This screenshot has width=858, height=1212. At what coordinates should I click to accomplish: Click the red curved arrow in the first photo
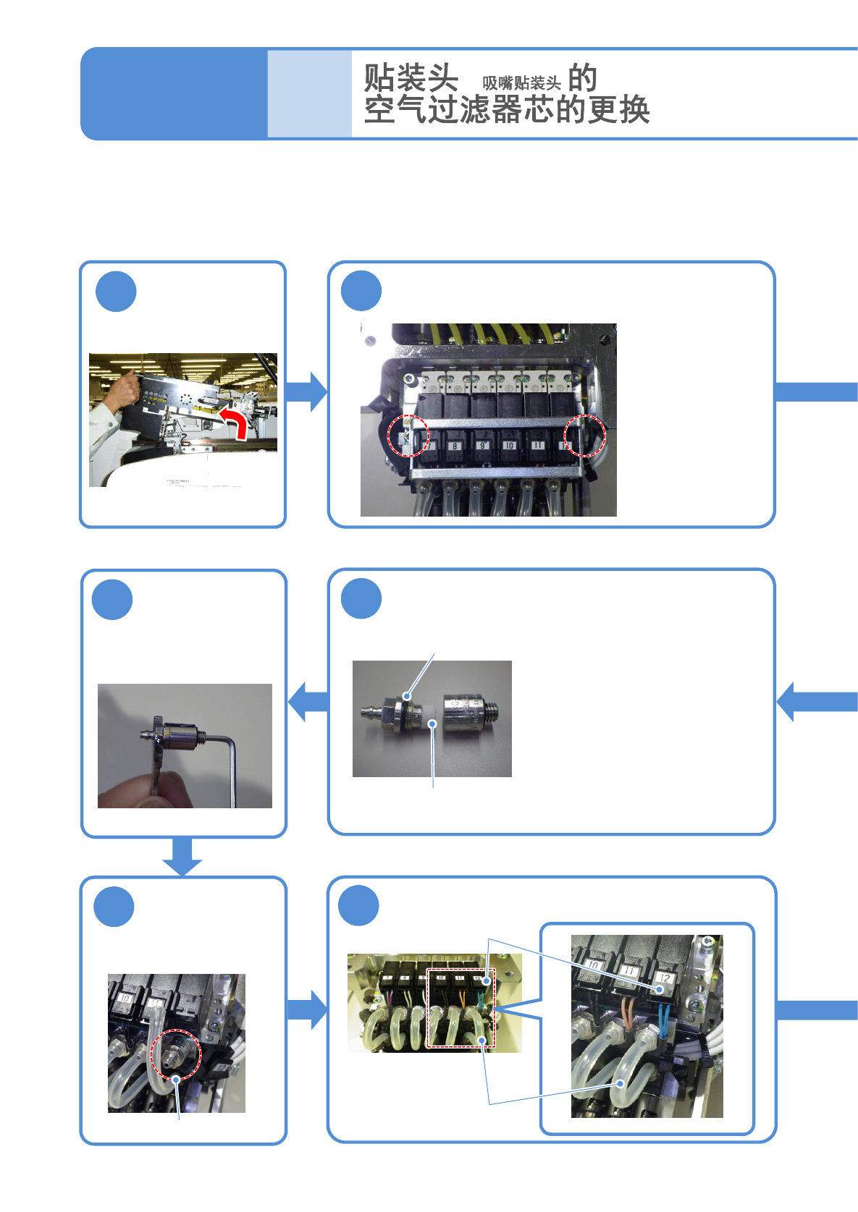tap(236, 421)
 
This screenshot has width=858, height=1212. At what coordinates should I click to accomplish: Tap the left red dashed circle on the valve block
tap(408, 436)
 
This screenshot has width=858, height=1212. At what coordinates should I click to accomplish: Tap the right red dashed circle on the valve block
tap(584, 436)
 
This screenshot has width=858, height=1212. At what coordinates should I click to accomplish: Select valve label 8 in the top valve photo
tap(455, 446)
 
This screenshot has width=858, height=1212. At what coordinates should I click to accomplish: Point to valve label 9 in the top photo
tap(481, 446)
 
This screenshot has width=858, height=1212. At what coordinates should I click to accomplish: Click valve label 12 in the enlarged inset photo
tap(664, 978)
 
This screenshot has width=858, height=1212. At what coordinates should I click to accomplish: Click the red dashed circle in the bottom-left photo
tap(175, 1054)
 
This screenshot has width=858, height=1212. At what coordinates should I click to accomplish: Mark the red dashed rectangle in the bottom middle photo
tap(460, 1008)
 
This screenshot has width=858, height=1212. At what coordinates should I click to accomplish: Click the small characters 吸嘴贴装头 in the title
tap(521, 83)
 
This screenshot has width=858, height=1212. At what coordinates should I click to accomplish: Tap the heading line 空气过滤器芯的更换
tap(507, 110)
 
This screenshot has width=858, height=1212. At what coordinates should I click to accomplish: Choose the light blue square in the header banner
tap(309, 93)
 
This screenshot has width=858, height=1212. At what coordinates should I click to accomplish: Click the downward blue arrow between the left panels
tap(182, 856)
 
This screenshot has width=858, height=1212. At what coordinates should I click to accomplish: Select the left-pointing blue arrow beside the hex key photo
tap(308, 701)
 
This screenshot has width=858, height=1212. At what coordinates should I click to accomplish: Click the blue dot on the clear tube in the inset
tap(621, 1083)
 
